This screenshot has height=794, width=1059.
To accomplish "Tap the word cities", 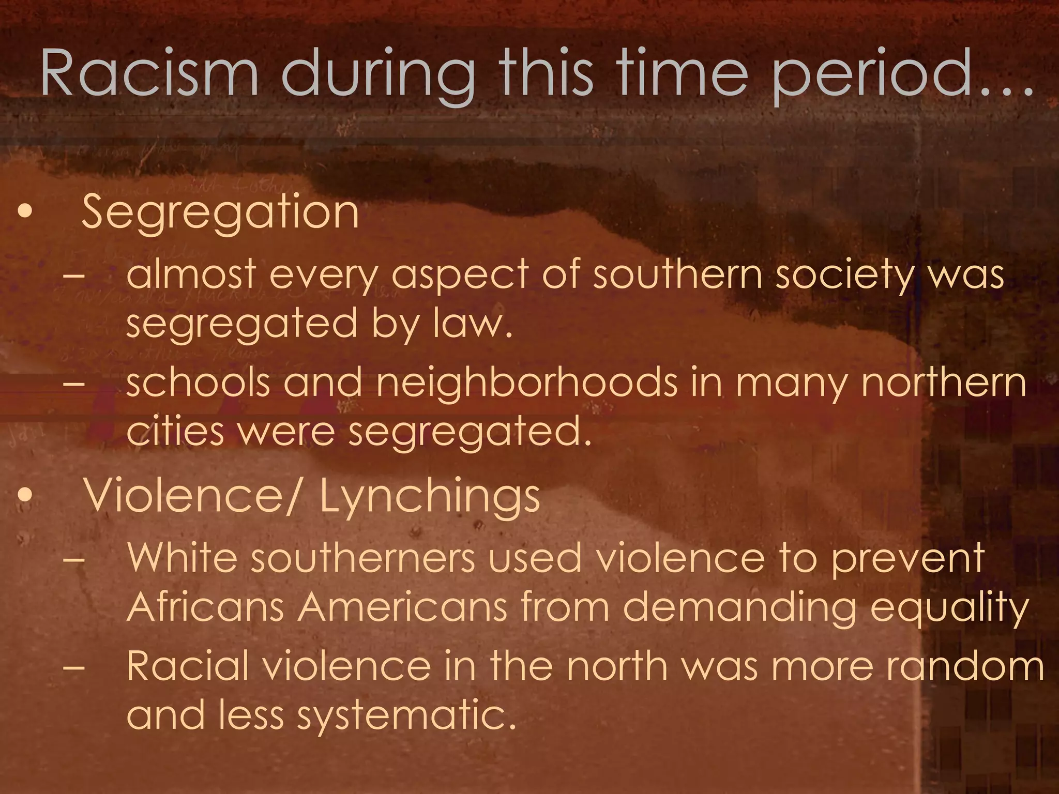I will pos(175,432).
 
